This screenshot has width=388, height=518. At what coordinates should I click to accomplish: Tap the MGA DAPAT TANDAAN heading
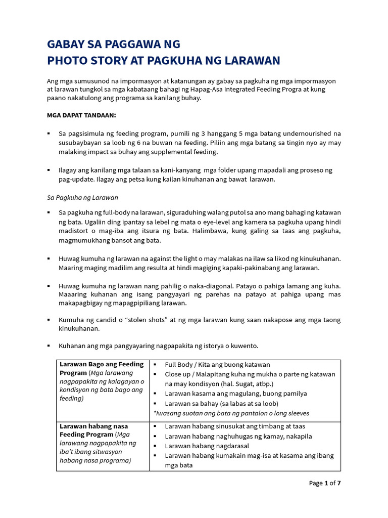tap(81, 115)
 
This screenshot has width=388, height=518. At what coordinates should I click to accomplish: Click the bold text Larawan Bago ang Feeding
tap(102, 364)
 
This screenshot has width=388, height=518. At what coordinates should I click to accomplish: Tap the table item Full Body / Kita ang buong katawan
tap(217, 365)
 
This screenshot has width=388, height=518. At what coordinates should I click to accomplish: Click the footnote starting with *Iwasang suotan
tap(231, 413)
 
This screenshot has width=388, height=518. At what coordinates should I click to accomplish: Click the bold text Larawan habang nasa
tap(94, 426)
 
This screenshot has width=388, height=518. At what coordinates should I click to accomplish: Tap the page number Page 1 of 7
tap(325, 483)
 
